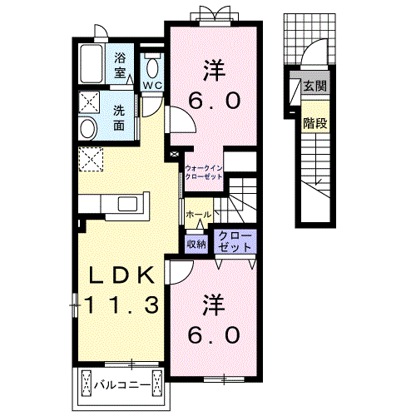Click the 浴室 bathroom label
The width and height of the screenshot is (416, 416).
[x=120, y=66]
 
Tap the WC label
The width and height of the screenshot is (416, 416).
[x=152, y=86]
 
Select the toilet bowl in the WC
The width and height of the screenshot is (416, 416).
[x=152, y=68]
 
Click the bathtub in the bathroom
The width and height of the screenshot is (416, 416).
[x=92, y=64]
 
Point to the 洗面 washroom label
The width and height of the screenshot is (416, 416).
[x=119, y=118]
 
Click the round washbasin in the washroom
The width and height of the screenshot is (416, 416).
[x=88, y=128]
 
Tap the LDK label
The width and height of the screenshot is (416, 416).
[x=121, y=275]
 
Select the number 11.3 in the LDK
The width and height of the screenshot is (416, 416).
[x=121, y=304]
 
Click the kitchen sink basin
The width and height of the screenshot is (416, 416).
[x=127, y=204]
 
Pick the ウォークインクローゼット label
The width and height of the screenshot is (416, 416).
[x=204, y=172]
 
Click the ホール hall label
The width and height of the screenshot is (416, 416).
[x=199, y=214]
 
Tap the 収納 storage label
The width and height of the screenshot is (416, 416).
[x=196, y=244]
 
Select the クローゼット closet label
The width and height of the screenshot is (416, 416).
[x=235, y=241]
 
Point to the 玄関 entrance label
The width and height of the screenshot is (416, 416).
[x=314, y=87]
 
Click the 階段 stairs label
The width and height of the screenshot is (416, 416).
[x=314, y=123]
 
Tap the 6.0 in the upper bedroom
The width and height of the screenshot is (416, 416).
[x=214, y=101]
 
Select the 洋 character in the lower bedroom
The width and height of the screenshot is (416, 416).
[x=214, y=305]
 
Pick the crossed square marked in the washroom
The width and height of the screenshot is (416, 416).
[x=89, y=102]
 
